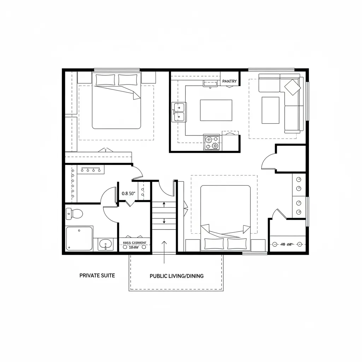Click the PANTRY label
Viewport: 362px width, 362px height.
tap(229, 81)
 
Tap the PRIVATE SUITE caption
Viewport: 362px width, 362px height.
tap(97, 275)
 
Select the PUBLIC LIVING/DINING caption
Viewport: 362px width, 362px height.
tap(176, 276)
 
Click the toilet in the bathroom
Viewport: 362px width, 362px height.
tap(74, 214)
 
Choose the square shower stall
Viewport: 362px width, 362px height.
tap(79, 238)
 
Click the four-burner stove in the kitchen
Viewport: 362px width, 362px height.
tap(212, 142)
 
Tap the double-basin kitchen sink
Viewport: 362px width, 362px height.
tap(179, 112)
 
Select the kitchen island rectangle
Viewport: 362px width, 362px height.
tap(216, 110)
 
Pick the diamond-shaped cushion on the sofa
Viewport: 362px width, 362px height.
tap(292, 87)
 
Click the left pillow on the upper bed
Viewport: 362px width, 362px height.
tap(105, 80)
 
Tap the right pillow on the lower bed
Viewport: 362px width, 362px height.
tap(237, 243)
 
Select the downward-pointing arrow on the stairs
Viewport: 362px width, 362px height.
tap(164, 221)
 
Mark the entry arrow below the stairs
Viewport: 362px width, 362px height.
tap(164, 252)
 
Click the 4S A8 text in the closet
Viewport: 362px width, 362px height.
tap(287, 244)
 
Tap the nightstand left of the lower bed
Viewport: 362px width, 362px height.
tap(192, 245)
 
